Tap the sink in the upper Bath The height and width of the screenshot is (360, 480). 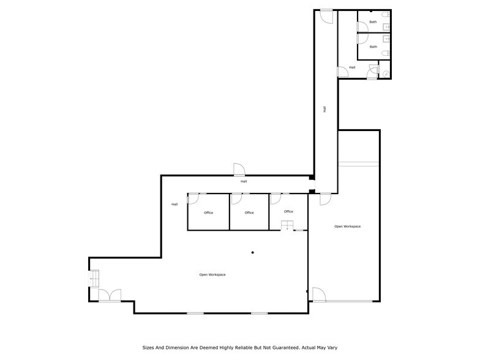click(x=386, y=26)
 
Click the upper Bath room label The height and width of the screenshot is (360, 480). click(x=373, y=21)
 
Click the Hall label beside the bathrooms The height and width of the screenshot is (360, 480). click(x=352, y=67)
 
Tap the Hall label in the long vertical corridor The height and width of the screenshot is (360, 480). click(x=324, y=110)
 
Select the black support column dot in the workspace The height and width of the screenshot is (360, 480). click(x=252, y=252)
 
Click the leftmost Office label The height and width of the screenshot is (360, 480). click(x=208, y=212)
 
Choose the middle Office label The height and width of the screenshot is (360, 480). click(x=249, y=212)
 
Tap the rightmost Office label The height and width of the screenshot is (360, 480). click(x=288, y=211)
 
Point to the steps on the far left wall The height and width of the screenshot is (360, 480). click(x=93, y=279)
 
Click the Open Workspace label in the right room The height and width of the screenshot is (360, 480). click(x=347, y=227)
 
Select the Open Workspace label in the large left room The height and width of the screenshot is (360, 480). click(x=212, y=274)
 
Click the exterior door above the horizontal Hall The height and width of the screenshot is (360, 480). click(x=239, y=170)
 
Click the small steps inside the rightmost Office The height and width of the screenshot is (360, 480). click(x=287, y=225)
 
